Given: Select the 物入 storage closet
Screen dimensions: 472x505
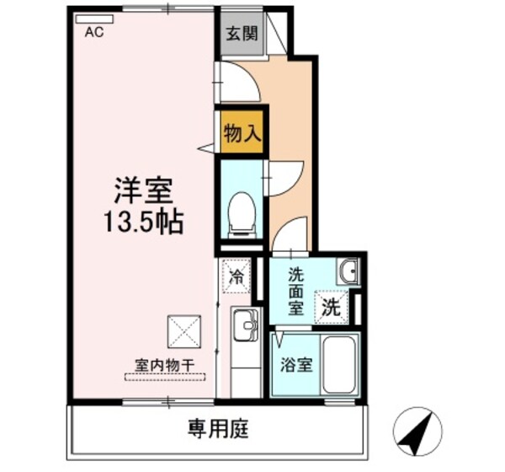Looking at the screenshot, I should (x=241, y=132).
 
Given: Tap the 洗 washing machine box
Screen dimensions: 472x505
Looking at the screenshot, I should (x=331, y=307).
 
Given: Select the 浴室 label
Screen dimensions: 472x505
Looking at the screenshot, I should (x=295, y=366).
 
